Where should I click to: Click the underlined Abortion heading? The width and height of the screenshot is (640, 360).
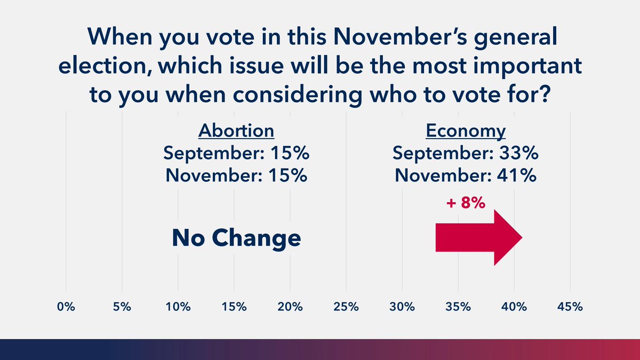coord(236,131)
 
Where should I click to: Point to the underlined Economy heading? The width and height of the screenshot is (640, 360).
coord(465,131)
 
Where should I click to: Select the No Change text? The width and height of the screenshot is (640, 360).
coord(236,238)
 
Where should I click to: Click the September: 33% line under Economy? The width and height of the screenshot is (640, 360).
coord(465,154)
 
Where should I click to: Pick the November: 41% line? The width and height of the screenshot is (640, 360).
coord(465,175)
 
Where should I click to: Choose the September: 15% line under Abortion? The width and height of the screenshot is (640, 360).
coord(236,154)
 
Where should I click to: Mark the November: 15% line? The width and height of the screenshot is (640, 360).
coord(236,175)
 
